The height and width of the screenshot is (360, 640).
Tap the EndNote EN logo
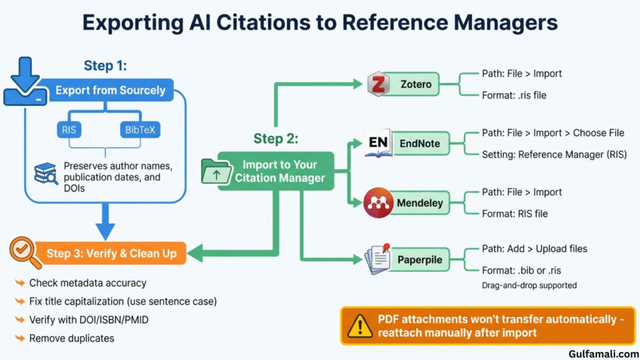(x=378, y=144)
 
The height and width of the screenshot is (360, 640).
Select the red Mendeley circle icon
(x=378, y=203)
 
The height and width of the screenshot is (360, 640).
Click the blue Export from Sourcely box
(x=110, y=91)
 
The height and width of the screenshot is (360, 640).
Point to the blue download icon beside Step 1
(x=25, y=81)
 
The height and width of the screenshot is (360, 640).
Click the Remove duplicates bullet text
(x=72, y=338)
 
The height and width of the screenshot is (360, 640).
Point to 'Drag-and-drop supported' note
(x=529, y=285)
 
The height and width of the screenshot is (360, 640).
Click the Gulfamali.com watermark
(x=601, y=353)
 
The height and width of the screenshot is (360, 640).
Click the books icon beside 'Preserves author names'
(x=46, y=172)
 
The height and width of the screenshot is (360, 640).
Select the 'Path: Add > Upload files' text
(x=534, y=249)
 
